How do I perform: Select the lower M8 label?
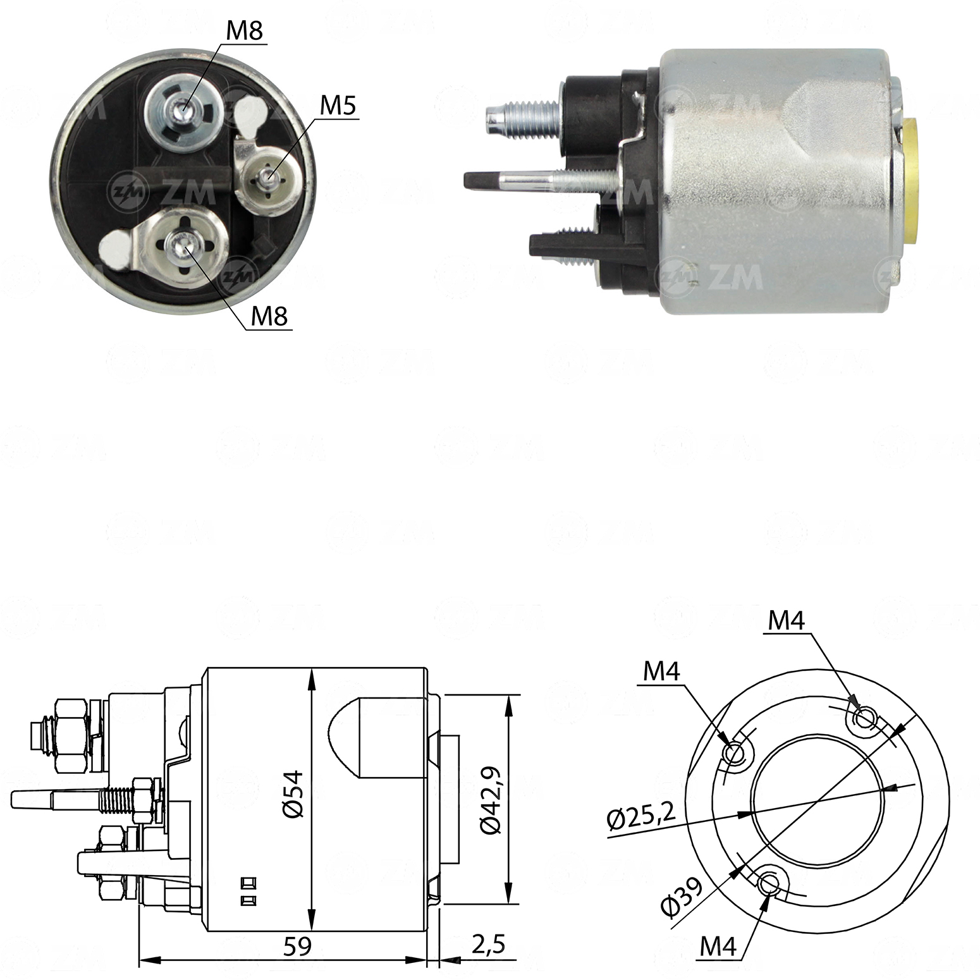pyautogui.click(x=269, y=315)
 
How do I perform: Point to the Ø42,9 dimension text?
pyautogui.click(x=490, y=800)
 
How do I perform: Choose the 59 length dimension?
pyautogui.click(x=297, y=946)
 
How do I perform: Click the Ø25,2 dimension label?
pyautogui.click(x=640, y=817)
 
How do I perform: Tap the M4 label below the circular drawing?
pyautogui.click(x=718, y=946)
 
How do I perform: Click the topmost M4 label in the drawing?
pyautogui.click(x=786, y=621)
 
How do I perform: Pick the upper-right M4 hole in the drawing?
pyautogui.click(x=864, y=718)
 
